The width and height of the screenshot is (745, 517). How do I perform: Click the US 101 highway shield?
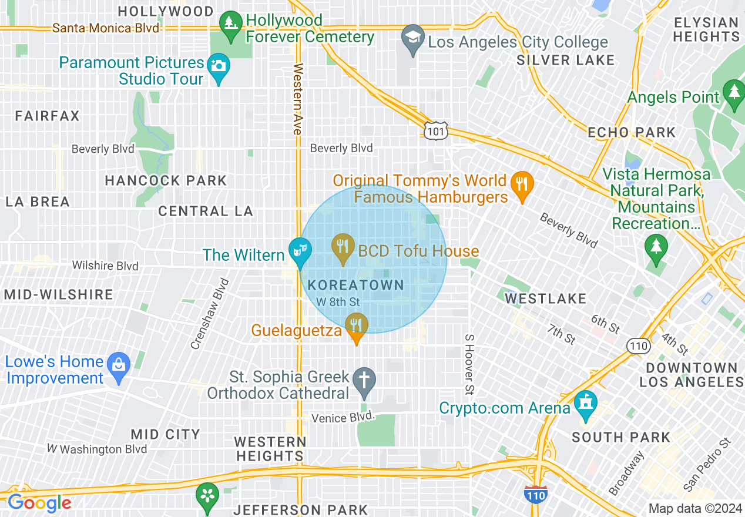435,131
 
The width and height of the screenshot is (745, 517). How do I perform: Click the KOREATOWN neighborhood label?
356,286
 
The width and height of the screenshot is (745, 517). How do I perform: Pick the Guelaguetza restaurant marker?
356,325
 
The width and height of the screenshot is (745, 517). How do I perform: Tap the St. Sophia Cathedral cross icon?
364,379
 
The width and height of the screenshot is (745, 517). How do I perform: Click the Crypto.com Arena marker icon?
586,403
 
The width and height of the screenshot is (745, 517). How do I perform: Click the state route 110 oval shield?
637,345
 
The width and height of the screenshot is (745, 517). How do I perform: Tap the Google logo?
39,503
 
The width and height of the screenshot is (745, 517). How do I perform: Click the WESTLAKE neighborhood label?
546,298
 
